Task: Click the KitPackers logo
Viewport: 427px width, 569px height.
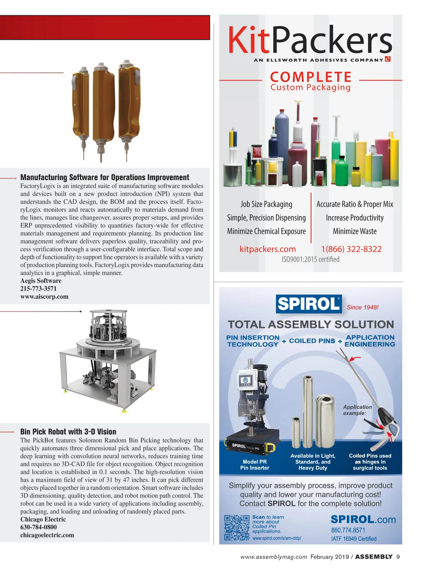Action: [310, 41]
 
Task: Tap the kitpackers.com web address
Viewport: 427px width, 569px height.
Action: [268, 249]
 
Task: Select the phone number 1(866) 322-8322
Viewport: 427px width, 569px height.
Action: [351, 249]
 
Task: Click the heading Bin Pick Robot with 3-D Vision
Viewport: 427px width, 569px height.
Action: [68, 432]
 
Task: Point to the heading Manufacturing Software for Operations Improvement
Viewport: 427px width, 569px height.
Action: [105, 177]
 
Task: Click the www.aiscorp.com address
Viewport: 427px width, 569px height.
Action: [44, 297]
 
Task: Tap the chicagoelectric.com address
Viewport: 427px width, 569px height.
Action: [47, 535]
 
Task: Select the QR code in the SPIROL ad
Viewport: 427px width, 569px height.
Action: [237, 528]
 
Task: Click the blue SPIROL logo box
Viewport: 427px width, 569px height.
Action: [309, 304]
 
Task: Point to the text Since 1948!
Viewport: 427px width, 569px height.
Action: [363, 307]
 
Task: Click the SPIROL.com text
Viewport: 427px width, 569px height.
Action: [363, 520]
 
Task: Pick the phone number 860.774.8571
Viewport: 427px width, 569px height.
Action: [348, 530]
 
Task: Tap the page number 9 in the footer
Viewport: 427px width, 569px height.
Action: [398, 557]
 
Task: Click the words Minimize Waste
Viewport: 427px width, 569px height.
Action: [354, 232]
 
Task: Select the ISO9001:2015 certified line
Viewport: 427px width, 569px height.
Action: [310, 259]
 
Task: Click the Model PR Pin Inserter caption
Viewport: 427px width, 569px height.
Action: [254, 465]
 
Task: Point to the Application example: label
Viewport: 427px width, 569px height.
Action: [357, 410]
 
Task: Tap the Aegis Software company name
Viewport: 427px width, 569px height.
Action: [41, 281]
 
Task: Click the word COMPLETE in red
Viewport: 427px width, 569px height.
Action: [311, 77]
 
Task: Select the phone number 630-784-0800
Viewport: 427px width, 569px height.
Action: [38, 527]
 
